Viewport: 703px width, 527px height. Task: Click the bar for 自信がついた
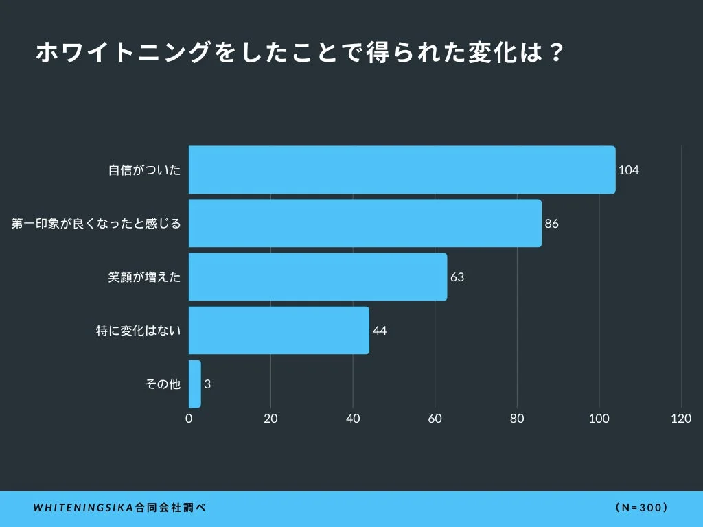tap(402, 169)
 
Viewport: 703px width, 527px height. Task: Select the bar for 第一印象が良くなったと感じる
tap(365, 223)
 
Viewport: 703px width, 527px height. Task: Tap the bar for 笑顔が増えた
tap(317, 277)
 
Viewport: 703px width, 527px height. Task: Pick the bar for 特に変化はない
tap(279, 330)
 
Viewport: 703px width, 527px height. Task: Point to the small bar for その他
tap(194, 384)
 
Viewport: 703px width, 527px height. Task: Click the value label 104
tap(628, 170)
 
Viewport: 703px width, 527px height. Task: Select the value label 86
tap(551, 224)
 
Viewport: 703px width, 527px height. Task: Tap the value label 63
tap(457, 277)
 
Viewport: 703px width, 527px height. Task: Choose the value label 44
tap(380, 331)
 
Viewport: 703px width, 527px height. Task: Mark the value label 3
tap(207, 384)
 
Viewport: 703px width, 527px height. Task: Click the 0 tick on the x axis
tap(189, 419)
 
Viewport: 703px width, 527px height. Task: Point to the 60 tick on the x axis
tap(435, 419)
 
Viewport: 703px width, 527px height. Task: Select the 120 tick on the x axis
tap(681, 419)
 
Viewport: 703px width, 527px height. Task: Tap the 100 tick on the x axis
tap(599, 419)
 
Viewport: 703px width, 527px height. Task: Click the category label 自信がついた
tap(145, 170)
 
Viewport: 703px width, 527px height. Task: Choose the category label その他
tap(163, 384)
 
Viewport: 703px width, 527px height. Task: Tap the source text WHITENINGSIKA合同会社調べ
tap(119, 508)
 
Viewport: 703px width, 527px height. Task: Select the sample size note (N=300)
tap(642, 508)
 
